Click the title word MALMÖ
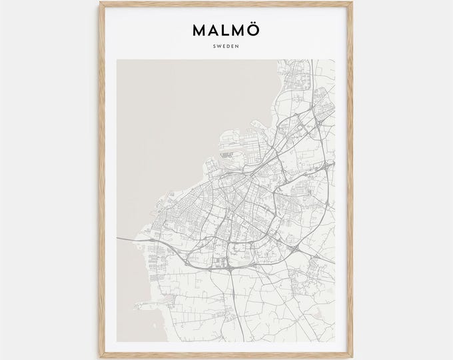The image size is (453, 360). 226,31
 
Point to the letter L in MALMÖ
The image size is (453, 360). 225,32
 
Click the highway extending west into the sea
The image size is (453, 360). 133,237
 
